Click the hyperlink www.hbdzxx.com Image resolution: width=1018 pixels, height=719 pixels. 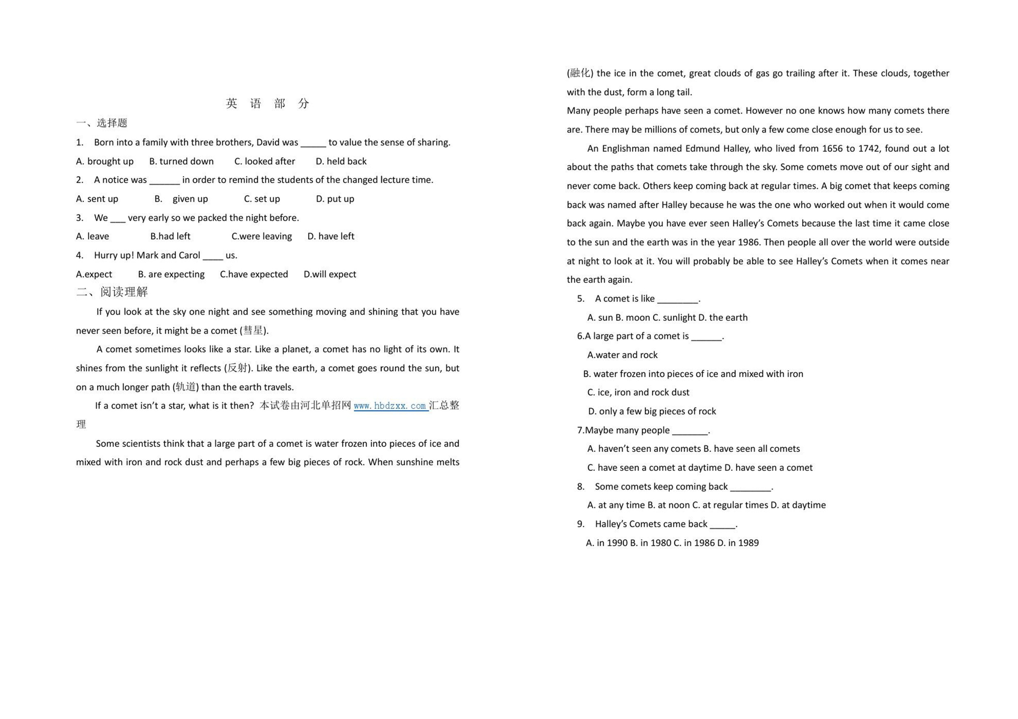click(390, 406)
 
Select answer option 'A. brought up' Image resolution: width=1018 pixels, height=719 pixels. click(105, 161)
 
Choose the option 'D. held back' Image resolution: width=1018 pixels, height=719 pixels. click(341, 161)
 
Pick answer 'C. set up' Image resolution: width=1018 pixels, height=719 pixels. click(262, 199)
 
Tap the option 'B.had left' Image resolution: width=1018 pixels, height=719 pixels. click(170, 236)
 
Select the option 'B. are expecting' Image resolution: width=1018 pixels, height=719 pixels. click(171, 274)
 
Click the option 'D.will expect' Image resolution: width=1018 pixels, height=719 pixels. click(330, 274)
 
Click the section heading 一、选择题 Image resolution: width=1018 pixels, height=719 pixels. click(102, 123)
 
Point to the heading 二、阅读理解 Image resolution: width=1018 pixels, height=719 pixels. click(112, 292)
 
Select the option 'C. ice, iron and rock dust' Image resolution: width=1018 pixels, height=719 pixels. click(638, 393)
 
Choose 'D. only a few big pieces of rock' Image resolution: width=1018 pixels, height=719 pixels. click(652, 411)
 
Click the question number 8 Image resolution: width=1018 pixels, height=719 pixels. click(580, 486)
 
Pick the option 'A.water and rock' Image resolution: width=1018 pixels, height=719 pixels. click(622, 355)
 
